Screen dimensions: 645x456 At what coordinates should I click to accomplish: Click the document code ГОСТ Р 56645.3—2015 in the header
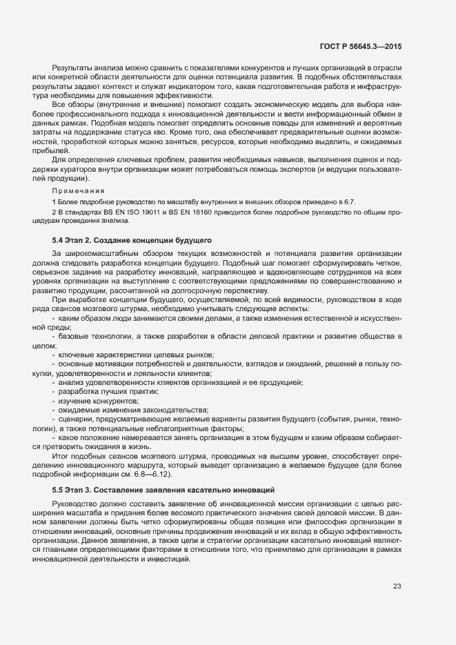point(361,46)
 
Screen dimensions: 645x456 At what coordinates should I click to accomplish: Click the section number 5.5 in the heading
point(58,489)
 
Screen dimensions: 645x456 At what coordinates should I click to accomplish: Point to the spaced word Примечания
point(79,190)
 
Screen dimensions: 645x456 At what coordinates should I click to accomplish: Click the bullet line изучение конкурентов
point(89,401)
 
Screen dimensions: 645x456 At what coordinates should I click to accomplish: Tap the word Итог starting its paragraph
point(61,456)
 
